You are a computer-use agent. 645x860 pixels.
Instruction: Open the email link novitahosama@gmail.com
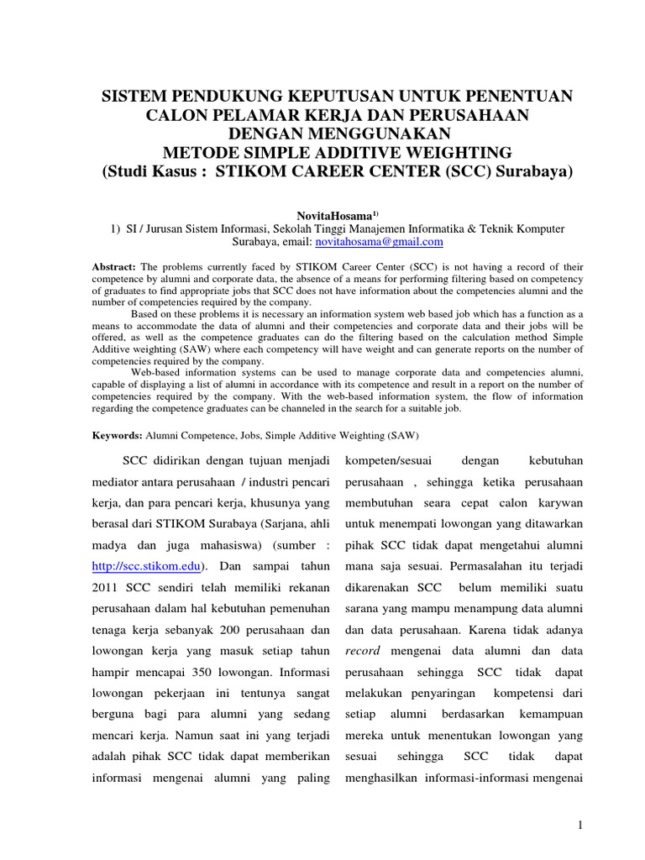378,242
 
